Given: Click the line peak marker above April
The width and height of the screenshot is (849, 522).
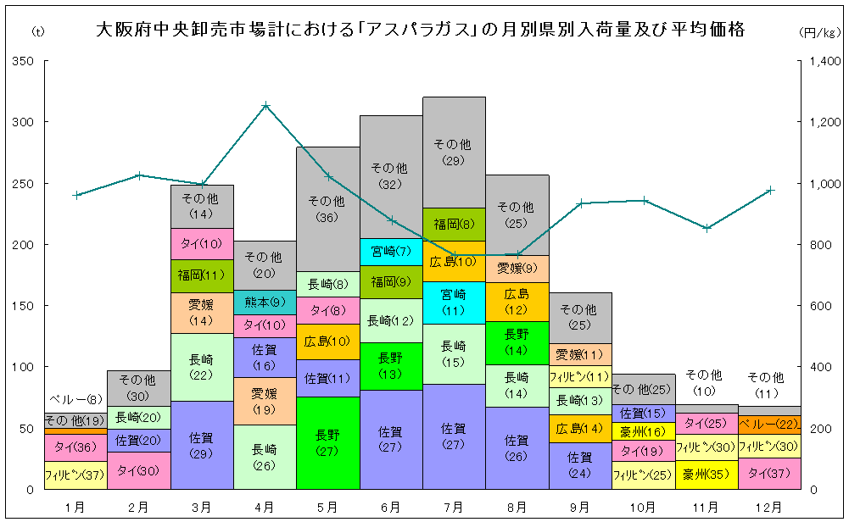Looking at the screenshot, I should [x=265, y=106].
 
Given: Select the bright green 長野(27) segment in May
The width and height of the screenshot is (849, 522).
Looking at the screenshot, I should [x=327, y=442].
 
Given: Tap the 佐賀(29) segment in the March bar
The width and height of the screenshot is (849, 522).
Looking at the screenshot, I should [x=202, y=445].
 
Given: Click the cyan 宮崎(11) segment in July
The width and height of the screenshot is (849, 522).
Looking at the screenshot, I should [x=454, y=303].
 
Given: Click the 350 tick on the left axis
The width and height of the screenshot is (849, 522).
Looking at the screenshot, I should [x=24, y=62].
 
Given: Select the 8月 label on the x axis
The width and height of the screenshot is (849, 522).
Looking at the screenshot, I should [x=517, y=506].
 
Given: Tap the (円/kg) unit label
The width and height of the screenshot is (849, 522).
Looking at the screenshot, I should [x=819, y=32].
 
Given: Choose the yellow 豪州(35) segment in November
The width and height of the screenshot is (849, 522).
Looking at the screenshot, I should [x=706, y=474].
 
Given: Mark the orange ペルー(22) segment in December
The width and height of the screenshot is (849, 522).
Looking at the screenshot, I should [x=768, y=424].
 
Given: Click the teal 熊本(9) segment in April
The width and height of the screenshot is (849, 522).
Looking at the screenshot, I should [x=265, y=303].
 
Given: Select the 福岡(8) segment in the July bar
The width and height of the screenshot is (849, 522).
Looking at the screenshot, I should [x=454, y=225].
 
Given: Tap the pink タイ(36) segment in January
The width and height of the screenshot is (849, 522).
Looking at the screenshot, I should [x=75, y=447].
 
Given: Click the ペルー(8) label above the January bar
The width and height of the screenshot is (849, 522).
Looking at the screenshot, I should [x=75, y=400].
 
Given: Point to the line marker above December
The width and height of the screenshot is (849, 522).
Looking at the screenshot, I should [x=770, y=191].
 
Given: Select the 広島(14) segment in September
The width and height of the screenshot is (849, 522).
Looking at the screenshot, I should [x=579, y=429].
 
